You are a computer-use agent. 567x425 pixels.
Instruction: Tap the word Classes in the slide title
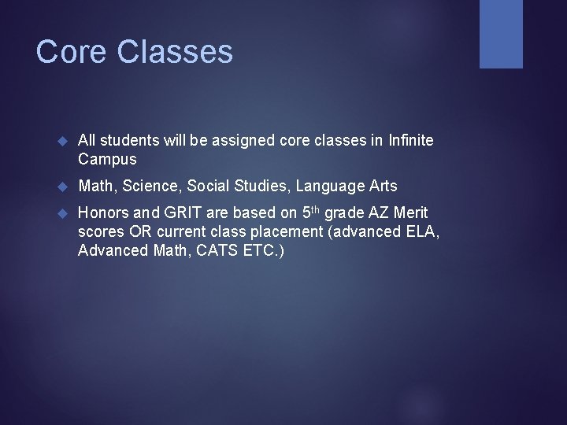click(x=175, y=53)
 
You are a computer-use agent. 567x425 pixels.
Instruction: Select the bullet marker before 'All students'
click(x=65, y=140)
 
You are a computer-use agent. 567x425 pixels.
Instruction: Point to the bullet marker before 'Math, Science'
click(x=65, y=187)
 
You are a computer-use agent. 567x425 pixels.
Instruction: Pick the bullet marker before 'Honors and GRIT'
click(x=65, y=213)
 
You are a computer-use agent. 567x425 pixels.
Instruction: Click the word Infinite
click(x=410, y=139)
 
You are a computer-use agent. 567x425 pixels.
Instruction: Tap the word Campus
click(x=107, y=159)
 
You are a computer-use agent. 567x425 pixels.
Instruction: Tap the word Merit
click(x=410, y=213)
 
